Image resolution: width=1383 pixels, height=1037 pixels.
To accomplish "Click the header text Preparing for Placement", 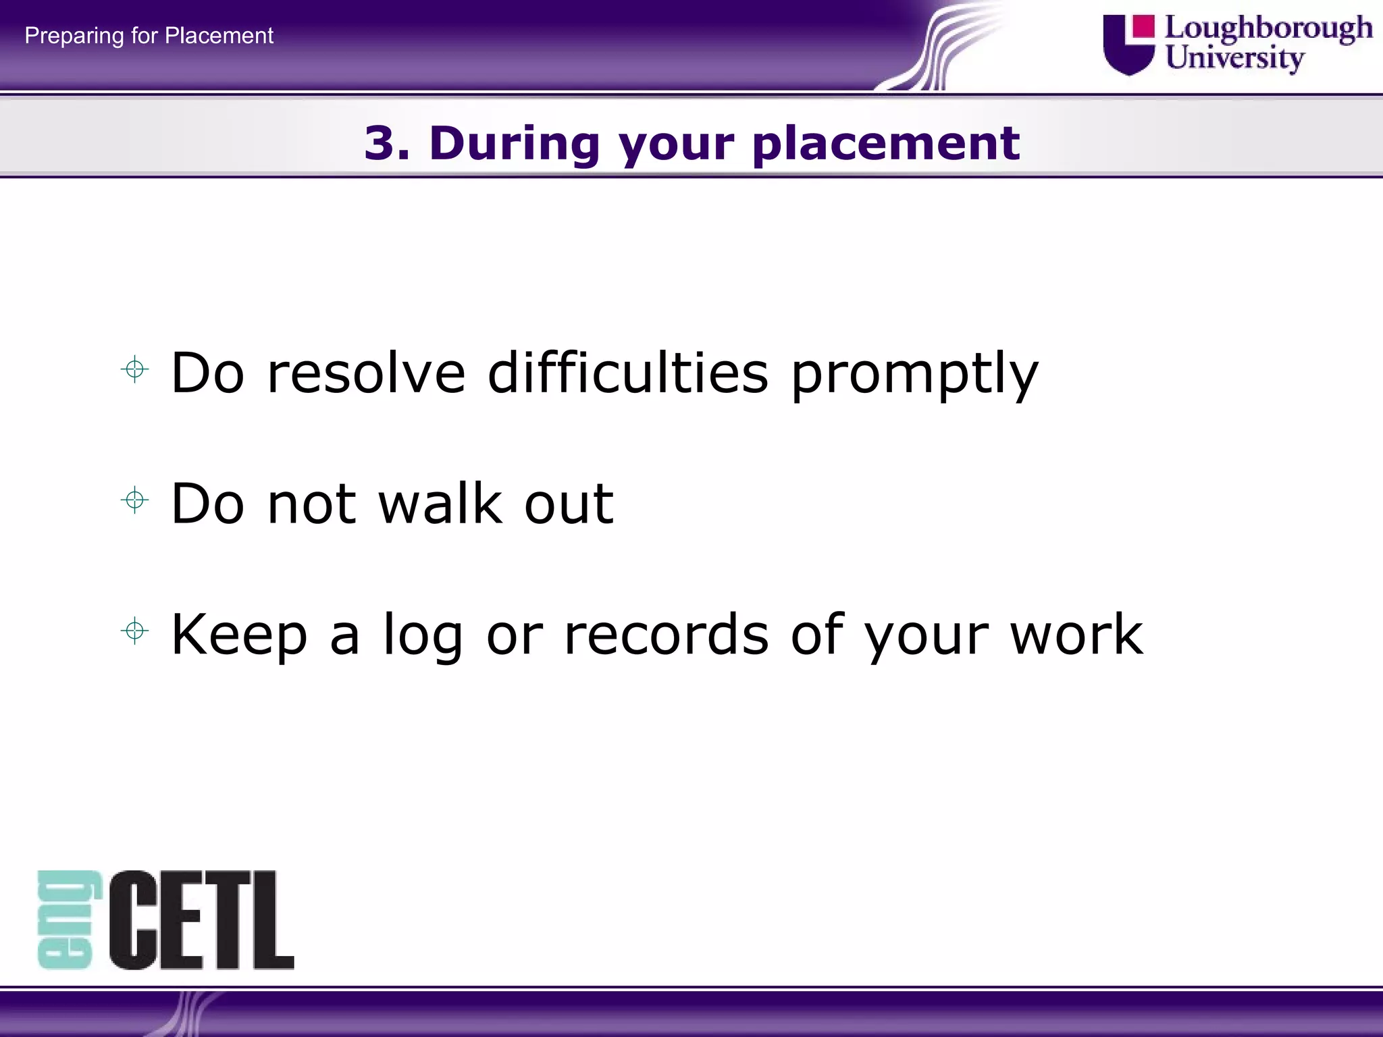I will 149,35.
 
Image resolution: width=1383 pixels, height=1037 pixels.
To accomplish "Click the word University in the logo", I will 1234,58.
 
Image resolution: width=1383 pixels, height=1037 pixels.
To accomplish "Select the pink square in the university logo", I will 1143,26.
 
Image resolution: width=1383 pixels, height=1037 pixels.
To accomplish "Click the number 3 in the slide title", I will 380,143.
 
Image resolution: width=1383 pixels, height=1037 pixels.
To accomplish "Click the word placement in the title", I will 885,143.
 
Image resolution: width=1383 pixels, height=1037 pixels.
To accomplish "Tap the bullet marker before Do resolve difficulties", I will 135,369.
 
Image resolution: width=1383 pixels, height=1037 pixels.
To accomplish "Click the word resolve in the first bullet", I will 366,373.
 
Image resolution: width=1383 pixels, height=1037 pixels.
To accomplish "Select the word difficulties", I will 628,373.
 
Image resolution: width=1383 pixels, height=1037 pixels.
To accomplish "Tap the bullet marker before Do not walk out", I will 135,500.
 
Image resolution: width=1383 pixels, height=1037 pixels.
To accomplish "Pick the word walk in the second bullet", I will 440,504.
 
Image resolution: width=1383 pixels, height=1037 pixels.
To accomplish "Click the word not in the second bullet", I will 311,505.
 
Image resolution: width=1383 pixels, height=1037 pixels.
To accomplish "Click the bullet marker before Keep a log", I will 135,631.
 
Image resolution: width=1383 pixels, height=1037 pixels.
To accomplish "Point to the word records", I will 666,635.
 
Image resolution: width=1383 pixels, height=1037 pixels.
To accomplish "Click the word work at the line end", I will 1076,635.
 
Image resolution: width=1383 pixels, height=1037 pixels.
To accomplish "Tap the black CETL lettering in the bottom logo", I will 201,920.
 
